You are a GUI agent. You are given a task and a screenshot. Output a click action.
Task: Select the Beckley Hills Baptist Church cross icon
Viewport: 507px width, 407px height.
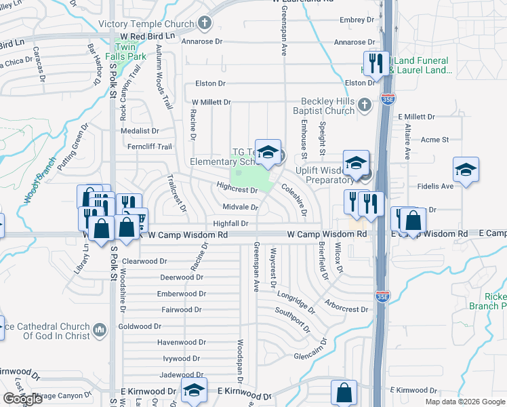click(365, 104)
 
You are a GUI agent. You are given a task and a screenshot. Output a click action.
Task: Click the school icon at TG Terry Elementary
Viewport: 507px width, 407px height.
click(268, 152)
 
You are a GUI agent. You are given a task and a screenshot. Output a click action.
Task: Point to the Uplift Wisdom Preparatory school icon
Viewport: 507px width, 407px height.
click(355, 163)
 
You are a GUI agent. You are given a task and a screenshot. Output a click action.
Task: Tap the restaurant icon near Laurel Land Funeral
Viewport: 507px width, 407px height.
click(376, 64)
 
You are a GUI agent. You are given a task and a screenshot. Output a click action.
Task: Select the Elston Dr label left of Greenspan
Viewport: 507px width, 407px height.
click(210, 83)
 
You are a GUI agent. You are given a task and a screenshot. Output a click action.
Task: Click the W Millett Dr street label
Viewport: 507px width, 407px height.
click(206, 102)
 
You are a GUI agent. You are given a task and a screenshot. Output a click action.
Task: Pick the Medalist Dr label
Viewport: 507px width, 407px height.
click(145, 131)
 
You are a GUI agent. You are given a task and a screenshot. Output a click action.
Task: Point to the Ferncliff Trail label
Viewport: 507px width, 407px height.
click(150, 146)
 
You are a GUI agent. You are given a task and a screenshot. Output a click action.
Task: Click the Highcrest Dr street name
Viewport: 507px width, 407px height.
click(237, 188)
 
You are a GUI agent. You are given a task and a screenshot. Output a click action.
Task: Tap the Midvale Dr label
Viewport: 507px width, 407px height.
click(240, 207)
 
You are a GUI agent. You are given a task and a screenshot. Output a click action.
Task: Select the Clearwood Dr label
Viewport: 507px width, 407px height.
click(144, 261)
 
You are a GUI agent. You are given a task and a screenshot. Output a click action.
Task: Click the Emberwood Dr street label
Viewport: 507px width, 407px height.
click(181, 294)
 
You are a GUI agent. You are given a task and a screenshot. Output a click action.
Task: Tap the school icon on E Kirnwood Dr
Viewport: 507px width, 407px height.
click(193, 391)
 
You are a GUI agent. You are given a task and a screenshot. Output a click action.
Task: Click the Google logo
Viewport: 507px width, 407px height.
click(23, 399)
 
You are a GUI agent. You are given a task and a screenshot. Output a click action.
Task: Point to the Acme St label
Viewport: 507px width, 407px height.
click(435, 140)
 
